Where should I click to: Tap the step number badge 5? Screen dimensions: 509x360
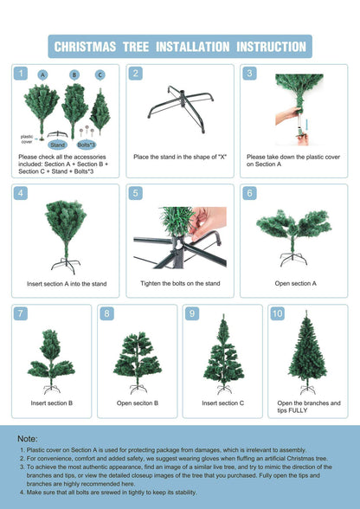(x=136, y=194)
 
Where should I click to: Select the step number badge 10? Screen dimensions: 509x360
(x=277, y=314)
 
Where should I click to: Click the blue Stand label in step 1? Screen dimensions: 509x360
(x=58, y=145)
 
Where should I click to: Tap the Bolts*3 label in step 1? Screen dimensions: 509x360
(x=86, y=145)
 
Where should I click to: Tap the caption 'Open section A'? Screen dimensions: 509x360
(x=295, y=283)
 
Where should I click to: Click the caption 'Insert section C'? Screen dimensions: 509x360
(x=222, y=403)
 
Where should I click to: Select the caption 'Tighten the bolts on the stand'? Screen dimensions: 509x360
(x=180, y=283)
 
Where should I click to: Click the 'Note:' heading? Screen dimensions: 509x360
(x=28, y=439)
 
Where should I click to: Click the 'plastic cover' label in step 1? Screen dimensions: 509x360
(x=27, y=139)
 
